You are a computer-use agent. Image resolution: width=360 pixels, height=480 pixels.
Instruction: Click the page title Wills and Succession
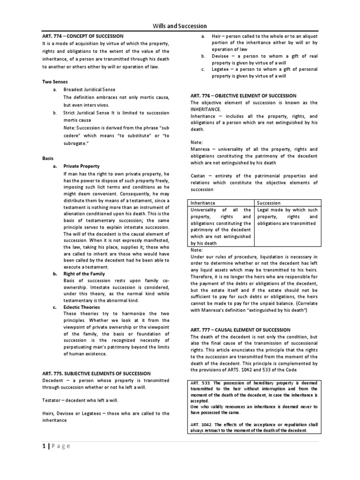(180, 26)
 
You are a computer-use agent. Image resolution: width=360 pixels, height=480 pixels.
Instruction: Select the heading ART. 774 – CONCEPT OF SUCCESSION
(83, 36)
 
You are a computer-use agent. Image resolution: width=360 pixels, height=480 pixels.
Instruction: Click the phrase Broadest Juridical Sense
(89, 89)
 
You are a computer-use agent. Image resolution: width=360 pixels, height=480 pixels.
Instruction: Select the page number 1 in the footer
(44, 446)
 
